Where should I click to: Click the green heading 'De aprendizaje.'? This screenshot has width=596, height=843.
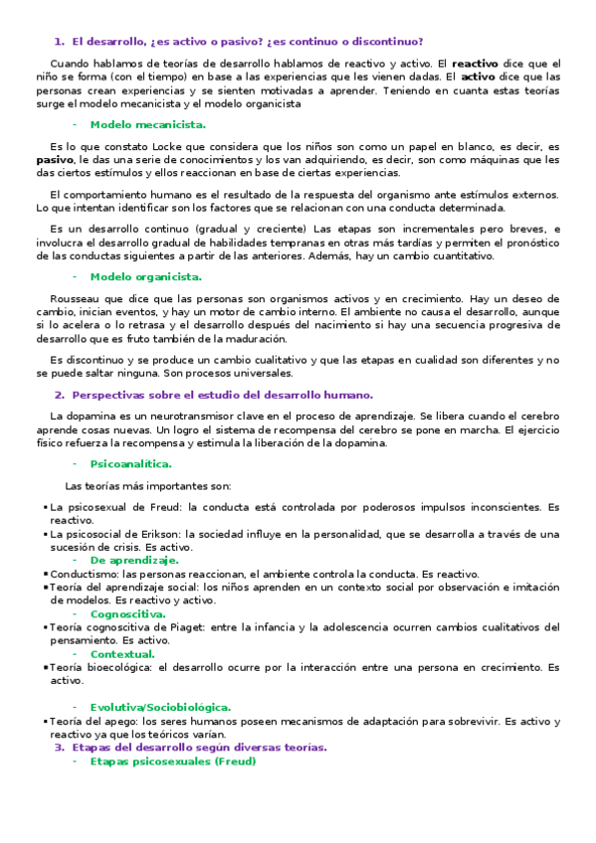(x=134, y=560)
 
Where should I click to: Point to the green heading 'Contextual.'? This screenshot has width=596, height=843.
(x=122, y=654)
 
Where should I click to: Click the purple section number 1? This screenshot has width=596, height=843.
(x=59, y=42)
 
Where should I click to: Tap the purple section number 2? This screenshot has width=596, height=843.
(x=59, y=395)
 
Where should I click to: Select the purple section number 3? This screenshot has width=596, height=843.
(x=59, y=748)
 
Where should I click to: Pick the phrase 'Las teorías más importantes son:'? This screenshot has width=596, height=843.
(x=147, y=486)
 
